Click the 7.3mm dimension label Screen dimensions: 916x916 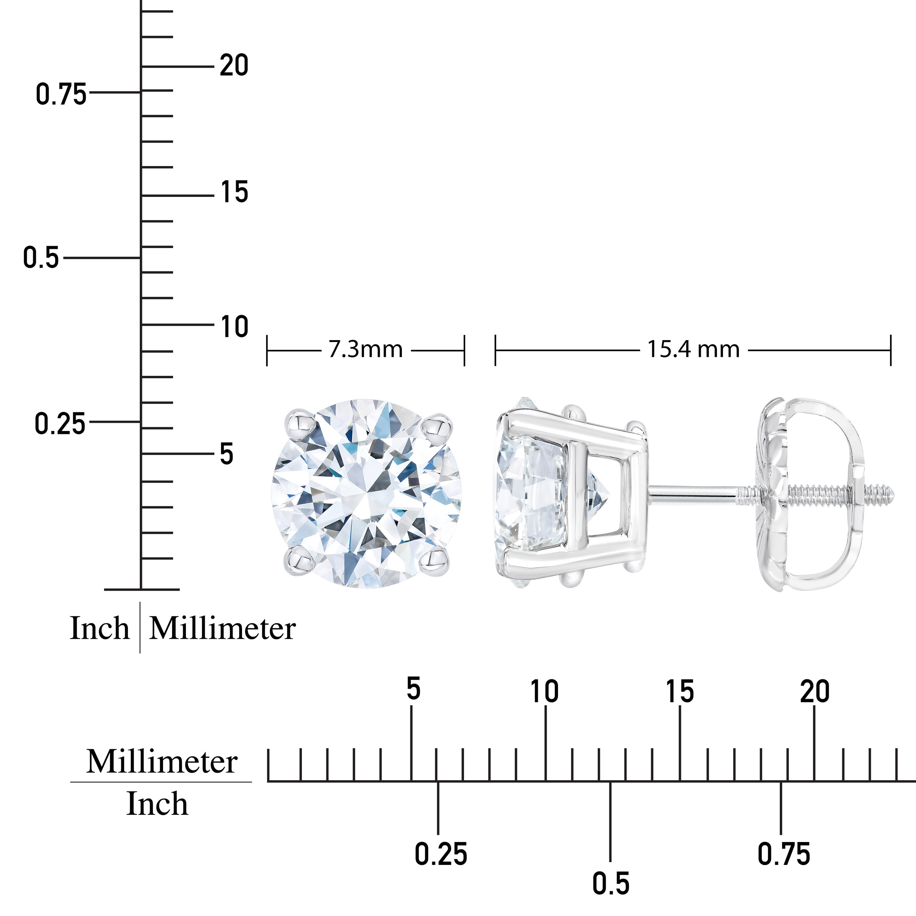366,350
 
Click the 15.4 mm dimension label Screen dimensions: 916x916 693,350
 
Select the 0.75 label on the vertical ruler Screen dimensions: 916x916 61,94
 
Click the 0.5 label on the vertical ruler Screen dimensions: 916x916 41,258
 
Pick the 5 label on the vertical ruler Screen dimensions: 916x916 227,454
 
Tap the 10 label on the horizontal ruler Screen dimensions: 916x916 544,691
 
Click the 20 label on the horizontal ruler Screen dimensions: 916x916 814,691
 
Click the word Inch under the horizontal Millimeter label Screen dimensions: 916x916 157,804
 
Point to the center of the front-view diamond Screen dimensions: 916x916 366,493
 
